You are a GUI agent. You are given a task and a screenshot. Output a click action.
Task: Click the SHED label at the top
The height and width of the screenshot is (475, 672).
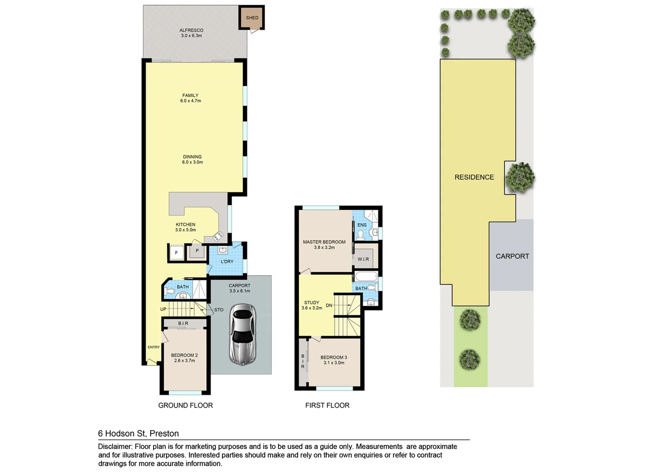pyautogui.click(x=252, y=18)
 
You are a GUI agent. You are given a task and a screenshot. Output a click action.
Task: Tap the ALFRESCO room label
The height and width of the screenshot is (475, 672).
pyautogui.click(x=191, y=33)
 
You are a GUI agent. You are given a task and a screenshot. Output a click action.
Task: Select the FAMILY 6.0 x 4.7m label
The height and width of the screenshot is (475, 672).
pyautogui.click(x=190, y=98)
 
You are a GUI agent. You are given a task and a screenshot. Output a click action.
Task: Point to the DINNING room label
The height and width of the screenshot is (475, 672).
pyautogui.click(x=192, y=159)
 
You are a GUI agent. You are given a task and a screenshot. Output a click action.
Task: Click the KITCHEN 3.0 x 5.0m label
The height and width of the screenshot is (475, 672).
pyautogui.click(x=186, y=227)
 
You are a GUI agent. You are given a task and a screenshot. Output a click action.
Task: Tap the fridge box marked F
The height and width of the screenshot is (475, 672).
pyautogui.click(x=176, y=253)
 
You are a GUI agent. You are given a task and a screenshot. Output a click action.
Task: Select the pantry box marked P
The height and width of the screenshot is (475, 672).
pyautogui.click(x=197, y=251)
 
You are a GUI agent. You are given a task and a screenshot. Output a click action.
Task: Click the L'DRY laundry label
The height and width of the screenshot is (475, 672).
pyautogui.click(x=227, y=262)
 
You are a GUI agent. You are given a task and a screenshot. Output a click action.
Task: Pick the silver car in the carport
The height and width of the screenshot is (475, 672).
pyautogui.click(x=242, y=335)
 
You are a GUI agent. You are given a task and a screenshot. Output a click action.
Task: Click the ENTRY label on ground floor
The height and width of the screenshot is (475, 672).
pyautogui.click(x=153, y=347)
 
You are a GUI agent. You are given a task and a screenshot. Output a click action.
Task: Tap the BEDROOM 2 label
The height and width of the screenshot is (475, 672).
pyautogui.click(x=184, y=358)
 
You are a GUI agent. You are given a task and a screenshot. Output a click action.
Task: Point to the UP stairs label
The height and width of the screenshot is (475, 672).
pyautogui.click(x=163, y=309)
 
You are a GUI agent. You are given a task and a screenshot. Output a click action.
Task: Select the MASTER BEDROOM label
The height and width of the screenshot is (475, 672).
pyautogui.click(x=324, y=245)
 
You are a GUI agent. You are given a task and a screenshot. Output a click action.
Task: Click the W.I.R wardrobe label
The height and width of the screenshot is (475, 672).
pyautogui.click(x=363, y=259)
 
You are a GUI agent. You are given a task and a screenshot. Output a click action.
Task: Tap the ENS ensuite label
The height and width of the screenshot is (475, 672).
pyautogui.click(x=362, y=225)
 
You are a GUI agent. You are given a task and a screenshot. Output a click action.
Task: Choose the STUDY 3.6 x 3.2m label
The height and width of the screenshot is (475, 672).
pyautogui.click(x=312, y=305)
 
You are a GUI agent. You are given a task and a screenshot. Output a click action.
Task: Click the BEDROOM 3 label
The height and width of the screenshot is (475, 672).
pyautogui.click(x=334, y=360)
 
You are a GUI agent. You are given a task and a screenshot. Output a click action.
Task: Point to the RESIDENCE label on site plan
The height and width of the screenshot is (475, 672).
pyautogui.click(x=474, y=177)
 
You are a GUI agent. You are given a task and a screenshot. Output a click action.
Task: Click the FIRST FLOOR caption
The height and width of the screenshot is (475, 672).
pyautogui.click(x=327, y=406)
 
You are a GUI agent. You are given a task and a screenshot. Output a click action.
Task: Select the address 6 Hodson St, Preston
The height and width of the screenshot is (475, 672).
pyautogui.click(x=138, y=434)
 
